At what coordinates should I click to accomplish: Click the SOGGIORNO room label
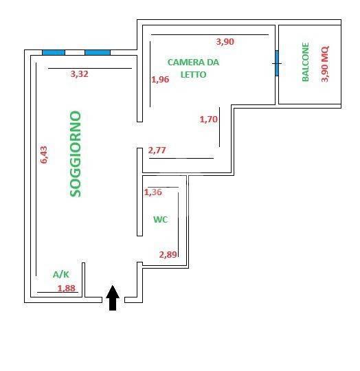coord(76,154)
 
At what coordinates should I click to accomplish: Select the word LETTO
coord(194,75)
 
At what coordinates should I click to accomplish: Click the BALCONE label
coord(306,63)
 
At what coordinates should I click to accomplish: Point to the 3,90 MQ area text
coord(325,64)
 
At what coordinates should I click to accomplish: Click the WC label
coord(161,220)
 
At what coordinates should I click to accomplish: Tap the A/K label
coord(61,275)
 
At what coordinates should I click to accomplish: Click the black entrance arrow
coord(113,297)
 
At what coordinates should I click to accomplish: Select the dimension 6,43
coord(44,155)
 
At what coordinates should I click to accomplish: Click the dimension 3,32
coord(80,74)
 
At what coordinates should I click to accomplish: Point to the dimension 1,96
coord(160,80)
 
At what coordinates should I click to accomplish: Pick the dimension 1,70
coord(209,120)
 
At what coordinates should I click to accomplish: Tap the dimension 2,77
coord(157,150)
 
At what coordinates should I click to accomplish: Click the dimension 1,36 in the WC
coord(153,192)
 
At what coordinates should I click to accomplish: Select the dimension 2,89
coord(168,255)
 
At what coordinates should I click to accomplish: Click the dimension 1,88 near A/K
coord(67,289)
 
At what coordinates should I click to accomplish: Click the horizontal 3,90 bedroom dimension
coord(225,42)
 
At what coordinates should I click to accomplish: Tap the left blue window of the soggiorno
coord(54,52)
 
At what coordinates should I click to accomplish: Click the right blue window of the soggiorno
coord(98,52)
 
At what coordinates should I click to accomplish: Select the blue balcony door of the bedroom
coord(277,63)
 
